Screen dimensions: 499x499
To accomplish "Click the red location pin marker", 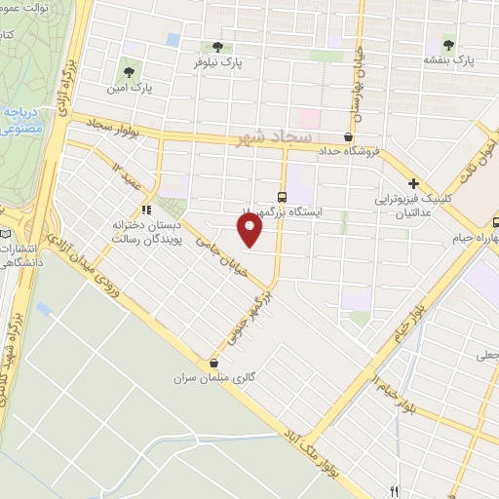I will [x=249, y=230].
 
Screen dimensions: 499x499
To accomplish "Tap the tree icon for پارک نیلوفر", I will [x=216, y=46].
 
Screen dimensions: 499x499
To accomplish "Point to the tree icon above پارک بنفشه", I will [x=448, y=44].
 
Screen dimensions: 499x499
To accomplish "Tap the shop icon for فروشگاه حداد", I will [x=350, y=137].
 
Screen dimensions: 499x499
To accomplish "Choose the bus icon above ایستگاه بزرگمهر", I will [x=282, y=195].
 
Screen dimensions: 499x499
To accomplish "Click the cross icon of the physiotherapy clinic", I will [x=414, y=182].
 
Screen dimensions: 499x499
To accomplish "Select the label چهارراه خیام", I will [x=474, y=238].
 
